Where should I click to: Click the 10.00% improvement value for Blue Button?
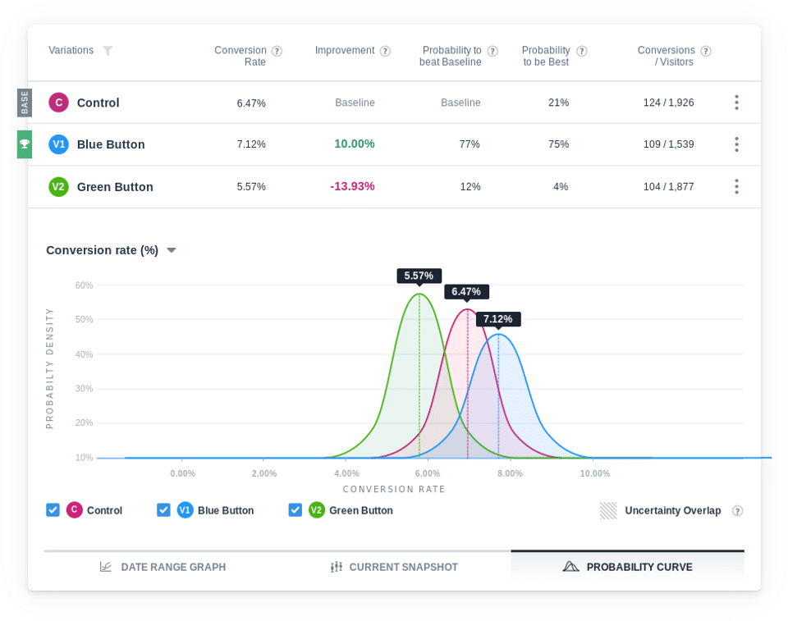(x=354, y=144)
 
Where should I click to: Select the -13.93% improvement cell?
(x=352, y=186)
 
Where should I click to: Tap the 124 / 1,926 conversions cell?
(x=668, y=103)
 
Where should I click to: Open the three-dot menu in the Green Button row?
(x=736, y=186)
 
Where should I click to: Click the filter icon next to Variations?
(x=108, y=51)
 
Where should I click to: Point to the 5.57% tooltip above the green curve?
(x=419, y=276)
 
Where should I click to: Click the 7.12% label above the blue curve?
(x=497, y=319)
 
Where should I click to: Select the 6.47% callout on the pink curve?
(x=466, y=291)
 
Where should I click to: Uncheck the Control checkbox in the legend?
(x=53, y=510)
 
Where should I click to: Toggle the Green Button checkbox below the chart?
(x=295, y=510)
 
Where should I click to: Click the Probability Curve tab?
(x=627, y=567)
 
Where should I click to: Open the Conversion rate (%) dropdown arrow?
(x=172, y=250)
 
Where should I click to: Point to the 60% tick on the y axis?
(x=84, y=285)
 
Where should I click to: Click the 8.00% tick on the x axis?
(x=510, y=473)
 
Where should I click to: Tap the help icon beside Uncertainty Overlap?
(x=737, y=510)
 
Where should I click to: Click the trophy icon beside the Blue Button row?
(x=25, y=144)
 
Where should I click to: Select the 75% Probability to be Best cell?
(x=558, y=144)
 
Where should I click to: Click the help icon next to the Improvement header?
(x=385, y=51)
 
